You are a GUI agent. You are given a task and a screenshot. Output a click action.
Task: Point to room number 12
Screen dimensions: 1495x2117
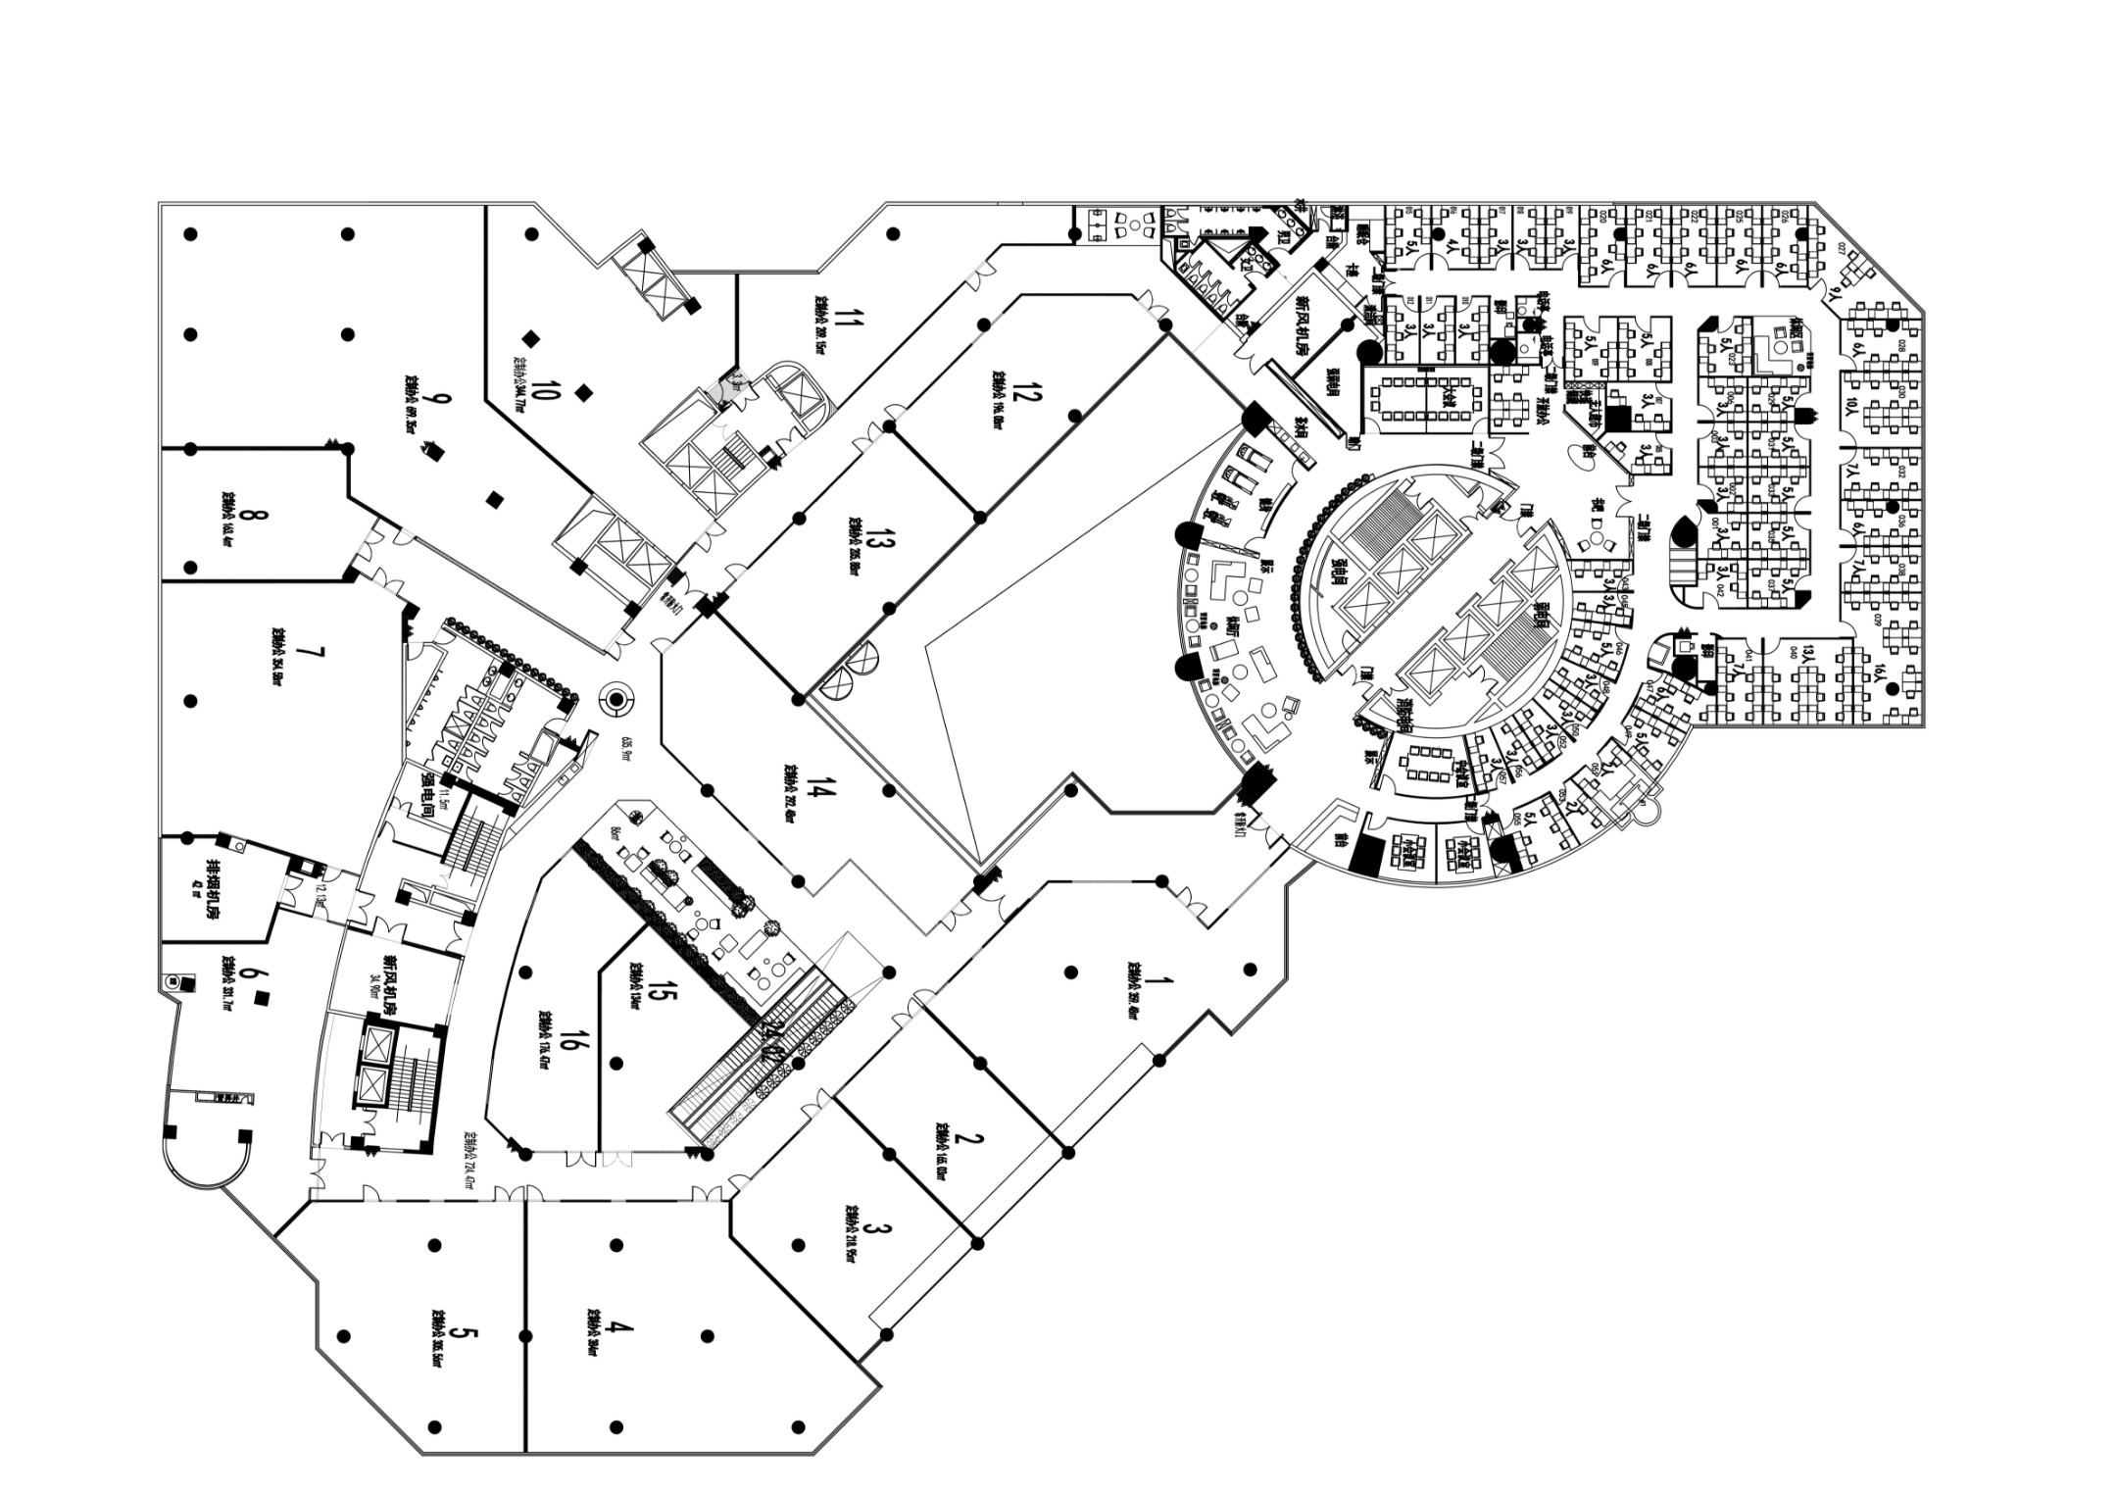click(x=1023, y=393)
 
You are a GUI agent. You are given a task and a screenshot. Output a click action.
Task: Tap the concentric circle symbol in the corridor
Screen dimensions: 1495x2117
click(x=617, y=700)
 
